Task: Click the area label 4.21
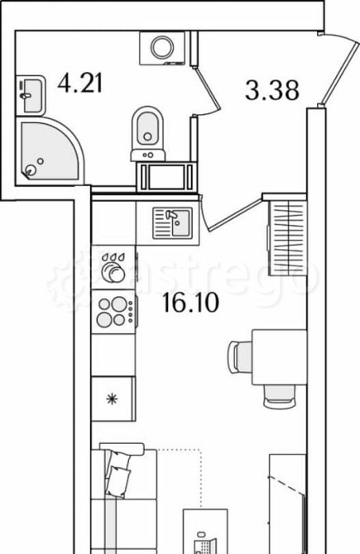coord(80,84)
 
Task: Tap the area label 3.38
coord(272,90)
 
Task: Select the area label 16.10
coord(190,303)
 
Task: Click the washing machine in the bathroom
coord(162,48)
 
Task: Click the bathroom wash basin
coord(31,95)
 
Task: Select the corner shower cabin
coord(48,151)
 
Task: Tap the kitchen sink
coord(173,222)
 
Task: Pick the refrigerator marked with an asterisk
coord(113,399)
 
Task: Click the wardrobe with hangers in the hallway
coord(287,238)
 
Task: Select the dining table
coord(279,357)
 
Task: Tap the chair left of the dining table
coord(240,357)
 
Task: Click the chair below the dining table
coord(280,396)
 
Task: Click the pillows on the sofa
coord(118,474)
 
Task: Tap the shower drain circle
coord(31,170)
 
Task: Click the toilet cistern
coord(148,155)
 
